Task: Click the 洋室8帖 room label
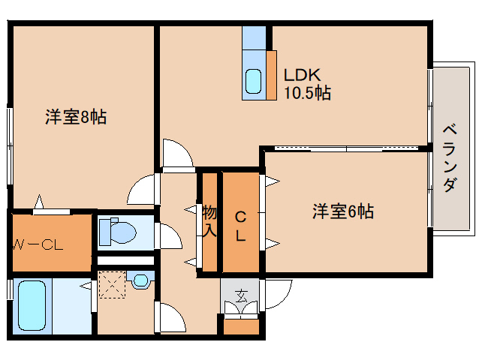75,117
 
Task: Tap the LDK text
302,76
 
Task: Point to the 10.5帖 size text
307,93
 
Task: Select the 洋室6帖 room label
343,212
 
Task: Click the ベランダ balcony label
450,157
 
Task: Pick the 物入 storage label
209,221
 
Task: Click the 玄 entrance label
240,294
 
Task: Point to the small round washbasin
140,282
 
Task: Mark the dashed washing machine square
113,285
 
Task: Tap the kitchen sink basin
254,79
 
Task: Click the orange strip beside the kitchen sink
271,74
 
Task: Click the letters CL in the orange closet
240,226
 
